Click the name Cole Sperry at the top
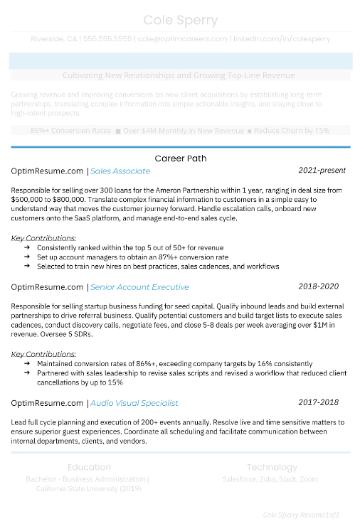pyautogui.click(x=180, y=19)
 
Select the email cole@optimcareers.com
pyautogui.click(x=183, y=38)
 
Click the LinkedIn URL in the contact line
pyautogui.click(x=281, y=38)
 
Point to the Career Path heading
pyautogui.click(x=180, y=158)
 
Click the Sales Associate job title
pyautogui.click(x=120, y=171)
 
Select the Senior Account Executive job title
pyautogui.click(x=139, y=287)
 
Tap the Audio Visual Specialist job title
pyautogui.click(x=134, y=403)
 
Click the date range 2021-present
pyautogui.click(x=322, y=171)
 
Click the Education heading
pyautogui.click(x=89, y=467)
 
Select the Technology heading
pyautogui.click(x=272, y=467)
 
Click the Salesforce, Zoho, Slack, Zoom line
pyautogui.click(x=270, y=480)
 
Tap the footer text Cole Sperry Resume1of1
pyautogui.click(x=301, y=514)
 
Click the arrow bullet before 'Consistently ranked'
pyautogui.click(x=26, y=247)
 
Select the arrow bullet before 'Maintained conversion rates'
pyautogui.click(x=26, y=363)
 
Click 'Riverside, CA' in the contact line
pyautogui.click(x=54, y=38)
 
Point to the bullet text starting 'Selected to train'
pyautogui.click(x=158, y=267)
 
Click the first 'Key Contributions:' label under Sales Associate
pyautogui.click(x=44, y=238)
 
